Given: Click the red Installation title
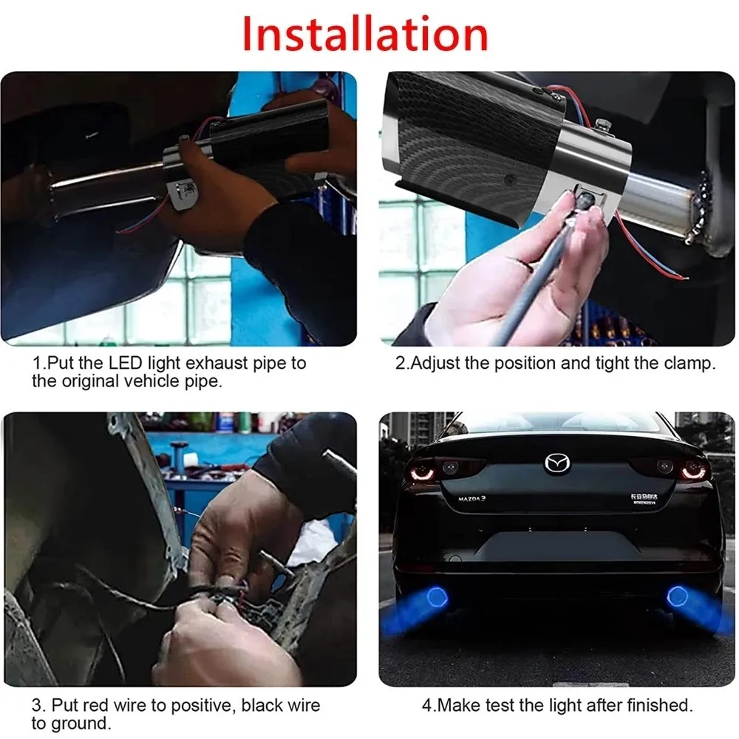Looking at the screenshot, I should point(365,33).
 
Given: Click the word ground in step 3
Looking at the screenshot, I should point(78,723).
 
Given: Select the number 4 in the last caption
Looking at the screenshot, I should point(426,705).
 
